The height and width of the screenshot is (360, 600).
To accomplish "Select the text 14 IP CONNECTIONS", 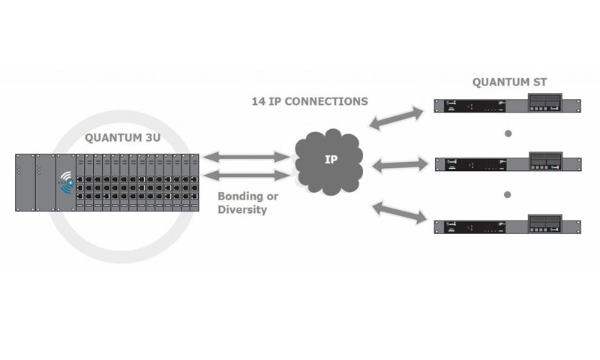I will (x=309, y=100).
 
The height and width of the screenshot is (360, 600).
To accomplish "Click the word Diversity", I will (x=242, y=209).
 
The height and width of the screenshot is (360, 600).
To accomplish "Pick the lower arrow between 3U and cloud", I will (x=245, y=175).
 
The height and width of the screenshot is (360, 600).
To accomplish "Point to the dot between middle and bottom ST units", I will (x=508, y=194).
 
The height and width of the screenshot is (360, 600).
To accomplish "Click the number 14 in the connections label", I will (x=259, y=100).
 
